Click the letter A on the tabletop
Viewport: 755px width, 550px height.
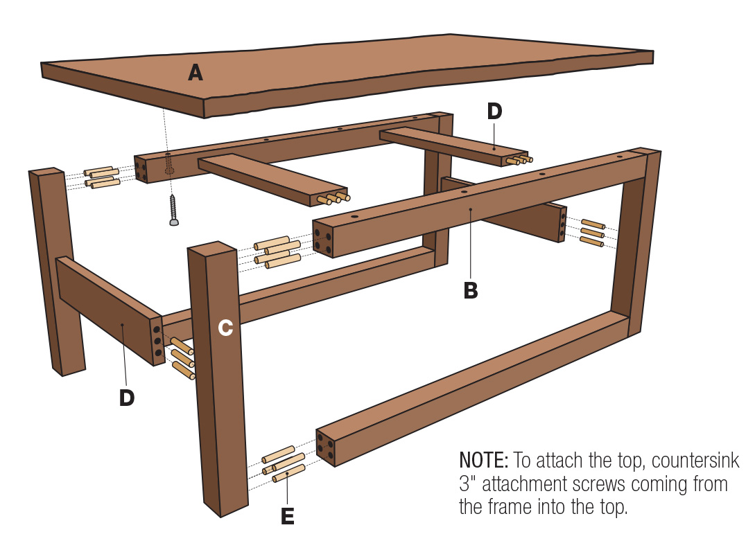[x=196, y=72]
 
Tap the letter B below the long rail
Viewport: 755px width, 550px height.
[x=471, y=291]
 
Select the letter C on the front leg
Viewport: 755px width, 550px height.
[x=225, y=328]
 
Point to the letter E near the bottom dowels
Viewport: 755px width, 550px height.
[x=287, y=516]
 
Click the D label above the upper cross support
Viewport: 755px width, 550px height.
[x=494, y=112]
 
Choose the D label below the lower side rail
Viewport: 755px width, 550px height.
[x=126, y=398]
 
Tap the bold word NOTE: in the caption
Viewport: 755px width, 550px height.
[x=484, y=461]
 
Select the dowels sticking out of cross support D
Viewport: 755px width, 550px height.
[x=519, y=160]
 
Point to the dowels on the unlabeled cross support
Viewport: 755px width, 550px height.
[x=333, y=199]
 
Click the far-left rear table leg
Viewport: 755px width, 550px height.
[x=57, y=270]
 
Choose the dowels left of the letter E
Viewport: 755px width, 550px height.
[x=283, y=463]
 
